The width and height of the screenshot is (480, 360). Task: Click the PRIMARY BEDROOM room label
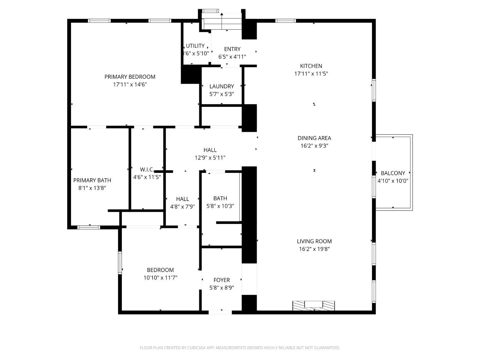[x=130, y=77]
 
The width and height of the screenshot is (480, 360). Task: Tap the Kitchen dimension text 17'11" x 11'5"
[x=311, y=74]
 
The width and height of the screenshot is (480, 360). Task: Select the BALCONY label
[x=393, y=173]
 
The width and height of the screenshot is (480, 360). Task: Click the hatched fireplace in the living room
[x=314, y=305]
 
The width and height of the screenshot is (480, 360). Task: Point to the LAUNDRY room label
[x=221, y=86]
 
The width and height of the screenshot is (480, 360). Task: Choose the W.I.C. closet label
[x=147, y=169]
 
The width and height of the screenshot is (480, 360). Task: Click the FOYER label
[x=221, y=280]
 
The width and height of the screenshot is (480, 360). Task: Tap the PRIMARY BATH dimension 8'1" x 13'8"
[x=92, y=188]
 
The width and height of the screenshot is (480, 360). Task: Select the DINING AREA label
[x=314, y=138]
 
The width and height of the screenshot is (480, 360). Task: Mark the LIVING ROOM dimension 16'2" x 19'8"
[x=314, y=249]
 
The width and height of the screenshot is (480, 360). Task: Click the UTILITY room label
[x=195, y=46]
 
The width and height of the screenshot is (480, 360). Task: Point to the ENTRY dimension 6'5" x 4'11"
[x=232, y=57]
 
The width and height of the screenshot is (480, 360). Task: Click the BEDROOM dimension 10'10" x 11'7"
[x=160, y=278]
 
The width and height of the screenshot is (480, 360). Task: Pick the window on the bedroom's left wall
[x=120, y=263]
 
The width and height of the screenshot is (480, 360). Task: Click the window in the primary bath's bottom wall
[x=89, y=228]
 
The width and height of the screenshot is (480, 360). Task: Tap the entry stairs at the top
[x=222, y=22]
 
